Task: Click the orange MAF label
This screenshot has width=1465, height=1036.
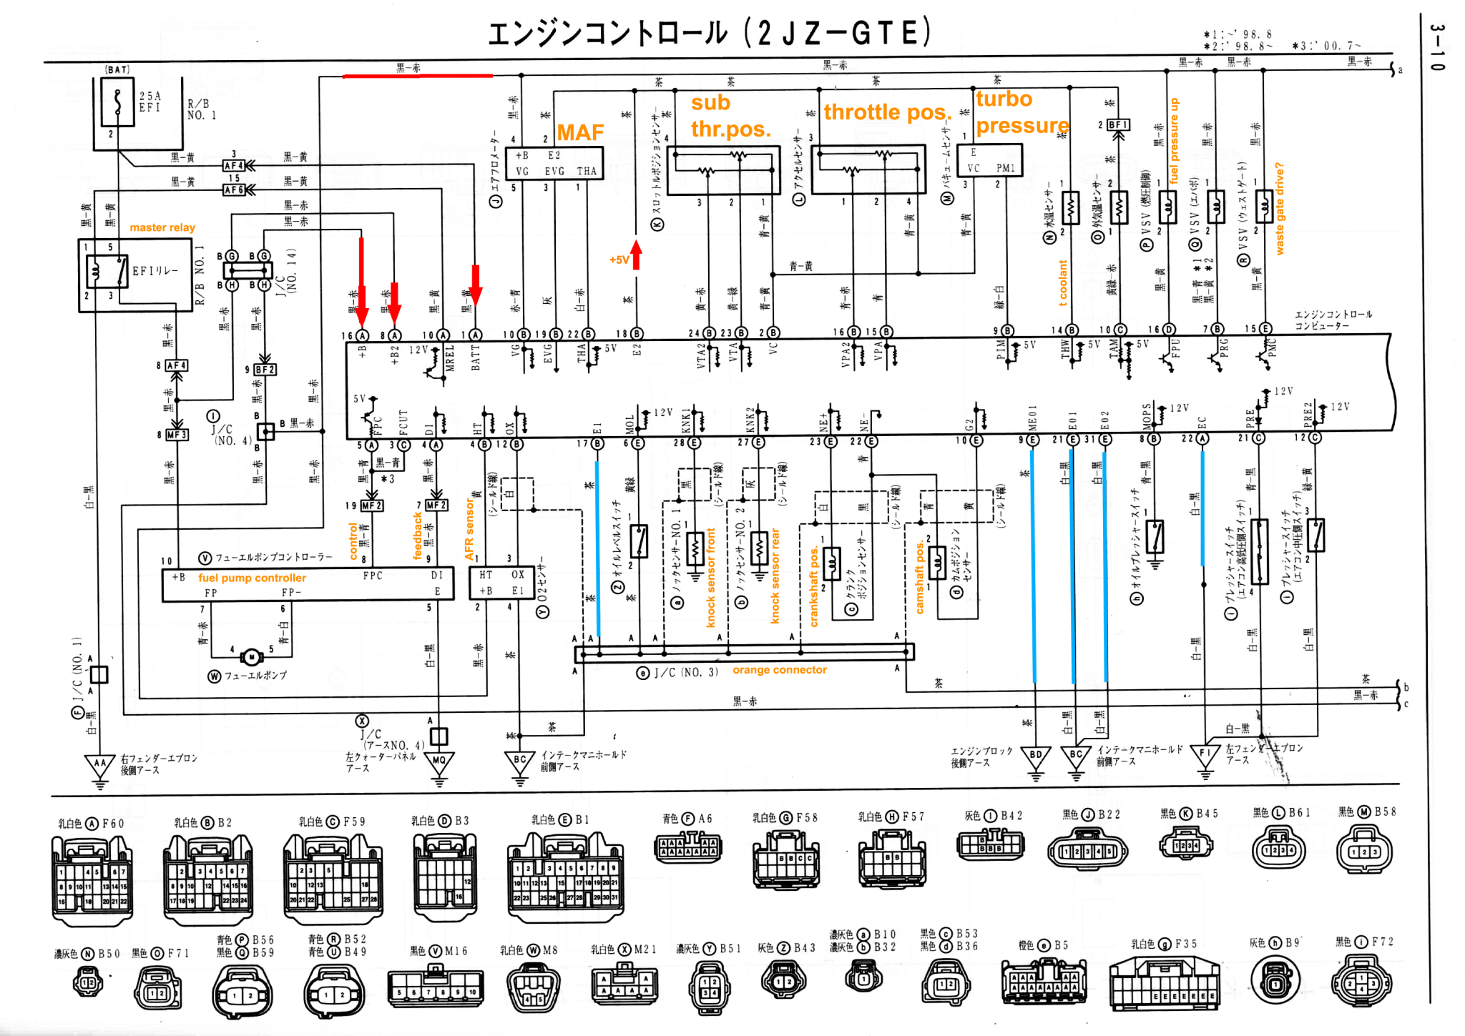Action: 580,132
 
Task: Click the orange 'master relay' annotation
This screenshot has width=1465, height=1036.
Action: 162,227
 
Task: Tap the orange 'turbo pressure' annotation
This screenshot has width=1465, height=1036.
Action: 1021,112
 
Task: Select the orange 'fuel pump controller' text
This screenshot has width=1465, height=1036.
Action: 252,578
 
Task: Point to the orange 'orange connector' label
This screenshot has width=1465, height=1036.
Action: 779,670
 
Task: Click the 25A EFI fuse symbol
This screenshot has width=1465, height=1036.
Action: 117,102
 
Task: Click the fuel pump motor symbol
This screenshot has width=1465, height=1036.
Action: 252,657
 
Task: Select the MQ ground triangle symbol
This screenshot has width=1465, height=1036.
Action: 438,762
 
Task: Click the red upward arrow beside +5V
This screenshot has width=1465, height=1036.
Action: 636,255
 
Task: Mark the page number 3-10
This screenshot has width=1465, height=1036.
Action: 1437,47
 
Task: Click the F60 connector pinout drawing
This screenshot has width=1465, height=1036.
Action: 92,879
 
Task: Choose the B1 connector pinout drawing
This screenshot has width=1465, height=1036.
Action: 565,877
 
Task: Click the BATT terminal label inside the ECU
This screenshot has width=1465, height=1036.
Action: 476,357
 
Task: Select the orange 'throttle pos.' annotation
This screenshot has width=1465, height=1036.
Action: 887,112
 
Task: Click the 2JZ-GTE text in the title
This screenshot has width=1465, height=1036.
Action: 838,33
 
